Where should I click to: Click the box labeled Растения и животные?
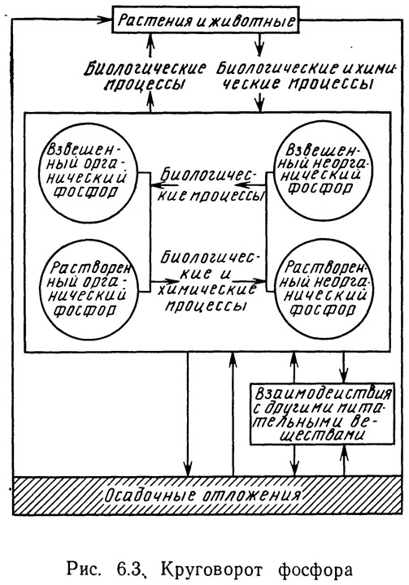coord(206,19)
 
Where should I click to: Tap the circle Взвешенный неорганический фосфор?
coord(323,171)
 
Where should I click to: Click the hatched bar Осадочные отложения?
coord(207,495)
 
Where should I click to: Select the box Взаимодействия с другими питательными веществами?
coord(322,414)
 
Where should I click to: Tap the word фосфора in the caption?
coord(315,570)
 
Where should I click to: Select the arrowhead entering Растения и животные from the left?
coord(106,19)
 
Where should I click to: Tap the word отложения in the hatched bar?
coord(252,496)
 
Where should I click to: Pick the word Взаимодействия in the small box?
coord(324,395)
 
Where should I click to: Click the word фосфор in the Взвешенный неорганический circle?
coord(321,188)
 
